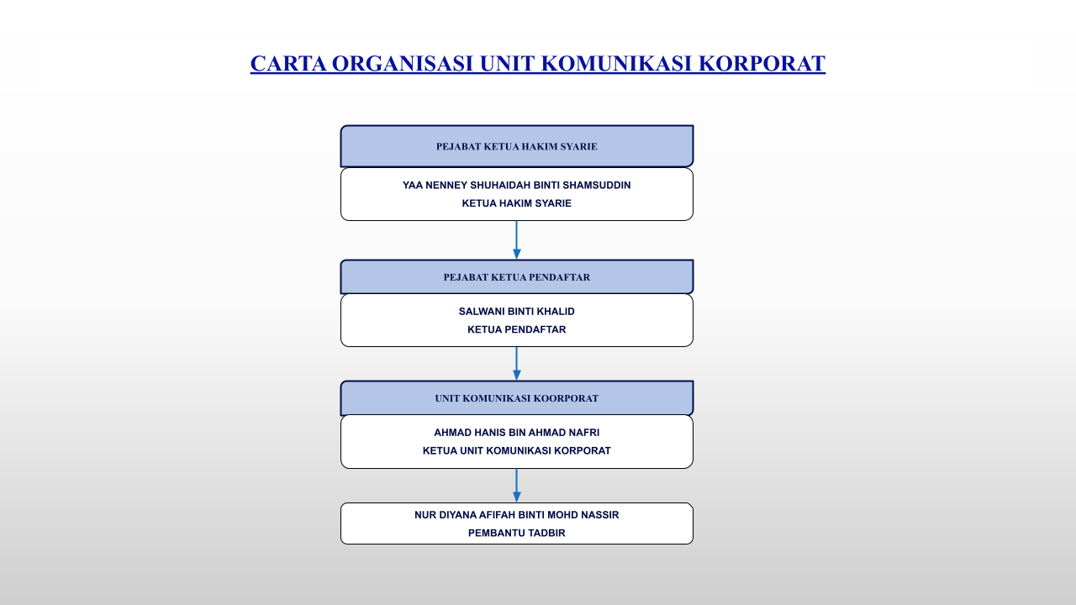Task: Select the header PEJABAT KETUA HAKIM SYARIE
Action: (x=516, y=146)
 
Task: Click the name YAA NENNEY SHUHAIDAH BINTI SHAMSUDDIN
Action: (x=516, y=185)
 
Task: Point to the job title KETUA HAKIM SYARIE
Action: (x=516, y=203)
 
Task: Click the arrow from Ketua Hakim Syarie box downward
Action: (x=516, y=239)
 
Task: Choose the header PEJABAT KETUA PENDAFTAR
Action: (x=516, y=277)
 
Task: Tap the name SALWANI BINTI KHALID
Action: (x=516, y=311)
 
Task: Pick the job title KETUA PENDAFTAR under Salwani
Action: (x=516, y=329)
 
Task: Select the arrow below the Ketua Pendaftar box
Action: (x=516, y=363)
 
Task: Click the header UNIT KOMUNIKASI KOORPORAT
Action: (x=516, y=398)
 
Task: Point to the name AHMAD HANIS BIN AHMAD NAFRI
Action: (x=516, y=433)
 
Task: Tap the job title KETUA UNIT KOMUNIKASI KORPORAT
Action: (x=516, y=450)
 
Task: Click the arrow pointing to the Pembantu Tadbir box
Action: (x=516, y=485)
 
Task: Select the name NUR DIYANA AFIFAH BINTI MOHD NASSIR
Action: (x=516, y=514)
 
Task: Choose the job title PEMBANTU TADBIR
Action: (x=516, y=533)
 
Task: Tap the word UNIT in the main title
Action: (x=507, y=64)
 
